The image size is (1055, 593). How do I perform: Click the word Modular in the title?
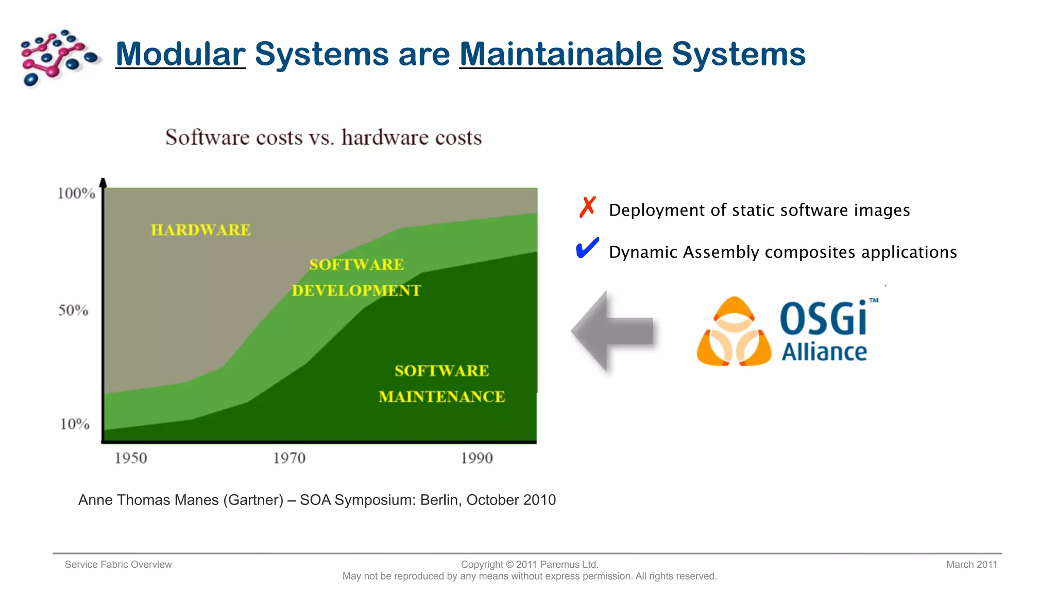[x=180, y=54]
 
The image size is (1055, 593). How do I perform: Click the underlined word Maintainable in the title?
[x=560, y=54]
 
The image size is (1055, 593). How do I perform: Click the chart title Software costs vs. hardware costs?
[x=324, y=137]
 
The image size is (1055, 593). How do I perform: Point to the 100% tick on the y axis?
[x=76, y=194]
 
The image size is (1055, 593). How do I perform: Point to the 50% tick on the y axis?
[x=73, y=310]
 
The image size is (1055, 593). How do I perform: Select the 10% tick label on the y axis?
[x=75, y=424]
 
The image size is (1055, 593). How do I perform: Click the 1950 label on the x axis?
[x=130, y=458]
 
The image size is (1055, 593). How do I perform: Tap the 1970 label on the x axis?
[x=289, y=458]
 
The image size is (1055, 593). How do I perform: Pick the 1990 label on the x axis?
[x=477, y=458]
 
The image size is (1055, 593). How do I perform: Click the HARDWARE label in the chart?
[x=201, y=230]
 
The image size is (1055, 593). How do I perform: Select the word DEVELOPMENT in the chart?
[x=356, y=291]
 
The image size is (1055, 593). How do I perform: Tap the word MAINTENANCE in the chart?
[x=441, y=397]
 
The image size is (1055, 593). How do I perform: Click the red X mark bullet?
[x=587, y=207]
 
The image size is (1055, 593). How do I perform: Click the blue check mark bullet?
[x=587, y=249]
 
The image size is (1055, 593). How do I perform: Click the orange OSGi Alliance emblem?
[x=734, y=332]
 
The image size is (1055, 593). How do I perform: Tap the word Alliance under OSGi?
[x=824, y=352]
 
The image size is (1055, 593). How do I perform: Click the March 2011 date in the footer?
[x=971, y=565]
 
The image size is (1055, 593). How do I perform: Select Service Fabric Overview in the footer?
[x=118, y=565]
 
